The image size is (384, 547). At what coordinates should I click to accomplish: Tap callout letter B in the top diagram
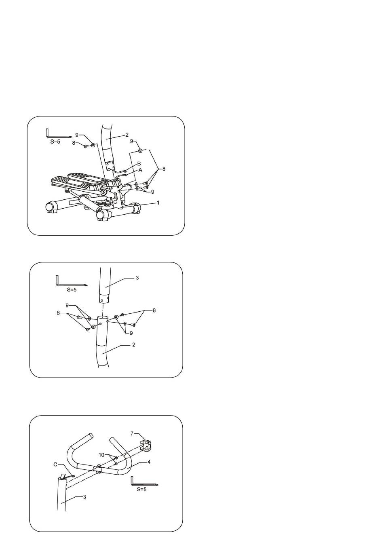tap(139, 164)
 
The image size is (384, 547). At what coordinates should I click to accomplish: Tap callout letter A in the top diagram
tap(140, 170)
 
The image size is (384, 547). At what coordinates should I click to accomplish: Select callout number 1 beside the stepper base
tap(158, 203)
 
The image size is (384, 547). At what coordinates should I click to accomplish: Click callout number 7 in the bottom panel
tap(132, 433)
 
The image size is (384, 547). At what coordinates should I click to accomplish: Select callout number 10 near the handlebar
tap(101, 455)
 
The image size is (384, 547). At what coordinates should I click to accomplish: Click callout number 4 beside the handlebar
tap(149, 462)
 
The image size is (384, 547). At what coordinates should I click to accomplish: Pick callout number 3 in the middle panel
tap(137, 278)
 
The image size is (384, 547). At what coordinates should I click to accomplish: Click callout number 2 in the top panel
tap(127, 135)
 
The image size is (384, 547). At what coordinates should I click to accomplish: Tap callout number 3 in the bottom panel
tap(84, 496)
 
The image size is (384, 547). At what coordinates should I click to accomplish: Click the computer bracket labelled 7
tap(146, 446)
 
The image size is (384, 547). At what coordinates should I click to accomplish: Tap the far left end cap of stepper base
tap(51, 207)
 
